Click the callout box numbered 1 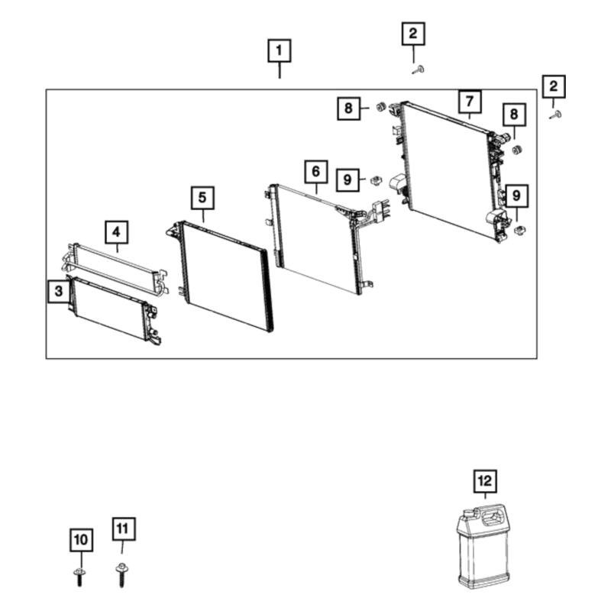coord(280,50)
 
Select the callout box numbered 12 coord(485,481)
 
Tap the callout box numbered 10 coord(82,540)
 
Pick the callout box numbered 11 coord(124,529)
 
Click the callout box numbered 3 coord(59,291)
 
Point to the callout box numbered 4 coord(117,232)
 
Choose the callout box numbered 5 coord(202,198)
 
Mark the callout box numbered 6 coord(315,171)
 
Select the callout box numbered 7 coord(470,102)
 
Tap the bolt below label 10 coord(79,577)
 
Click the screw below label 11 coord(121,575)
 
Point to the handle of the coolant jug coord(493,518)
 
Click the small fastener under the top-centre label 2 coord(419,70)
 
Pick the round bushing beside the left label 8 coord(380,106)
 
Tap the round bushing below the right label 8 coord(517,150)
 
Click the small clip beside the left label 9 coord(376,180)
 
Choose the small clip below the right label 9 coord(519,231)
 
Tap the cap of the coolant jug coord(467,514)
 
